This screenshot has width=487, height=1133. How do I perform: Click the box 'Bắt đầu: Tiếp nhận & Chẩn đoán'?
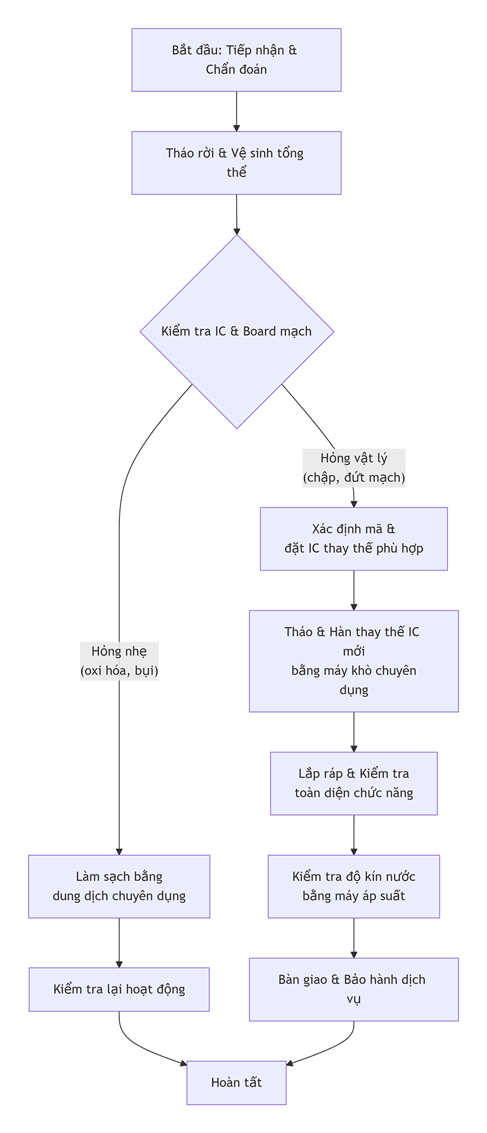pos(236,60)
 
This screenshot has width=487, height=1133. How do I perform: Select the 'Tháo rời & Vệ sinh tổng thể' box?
pos(236,163)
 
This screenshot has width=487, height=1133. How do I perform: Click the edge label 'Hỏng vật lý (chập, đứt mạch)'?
pos(354,468)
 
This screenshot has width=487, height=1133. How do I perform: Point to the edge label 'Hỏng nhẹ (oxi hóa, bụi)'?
pos(119,661)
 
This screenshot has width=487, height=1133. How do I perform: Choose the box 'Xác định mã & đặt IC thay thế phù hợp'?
pos(354,538)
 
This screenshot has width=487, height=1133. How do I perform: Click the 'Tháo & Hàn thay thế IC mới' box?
pos(354,661)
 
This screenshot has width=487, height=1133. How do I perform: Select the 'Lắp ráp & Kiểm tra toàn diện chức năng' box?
pos(354,783)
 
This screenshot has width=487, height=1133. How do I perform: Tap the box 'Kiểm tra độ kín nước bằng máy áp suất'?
pos(354,886)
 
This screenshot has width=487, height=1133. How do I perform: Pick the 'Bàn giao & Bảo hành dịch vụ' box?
pos(354,989)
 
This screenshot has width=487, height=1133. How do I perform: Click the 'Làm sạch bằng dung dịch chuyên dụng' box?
pos(119,886)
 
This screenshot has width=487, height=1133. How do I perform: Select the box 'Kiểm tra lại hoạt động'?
pos(119,989)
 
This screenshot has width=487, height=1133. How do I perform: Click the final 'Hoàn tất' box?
pos(236,1082)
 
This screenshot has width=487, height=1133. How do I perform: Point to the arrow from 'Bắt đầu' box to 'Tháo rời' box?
pos(236,111)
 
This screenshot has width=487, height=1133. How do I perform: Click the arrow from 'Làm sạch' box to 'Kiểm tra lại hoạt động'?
pos(119,942)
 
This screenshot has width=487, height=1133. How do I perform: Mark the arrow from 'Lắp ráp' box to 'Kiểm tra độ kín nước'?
pos(354,835)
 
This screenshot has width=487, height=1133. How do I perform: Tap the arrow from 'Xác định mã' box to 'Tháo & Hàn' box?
pos(354,590)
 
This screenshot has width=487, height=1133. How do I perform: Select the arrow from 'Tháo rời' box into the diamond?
pos(236,214)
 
